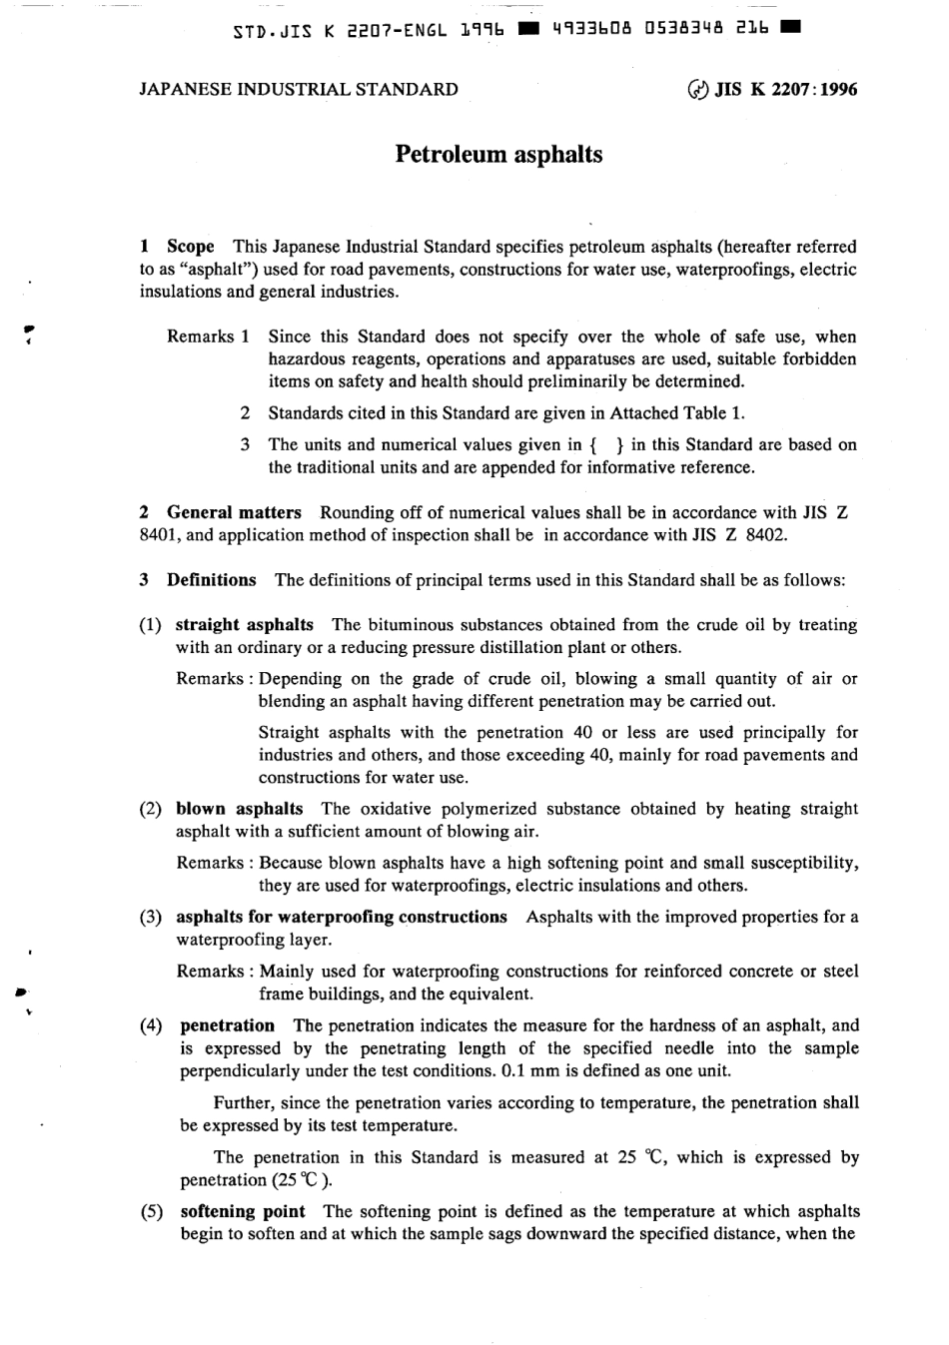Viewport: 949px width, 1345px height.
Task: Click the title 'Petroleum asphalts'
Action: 498,155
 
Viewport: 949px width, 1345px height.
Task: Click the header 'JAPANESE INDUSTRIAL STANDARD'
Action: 299,89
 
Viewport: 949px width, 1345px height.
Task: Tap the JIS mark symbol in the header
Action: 696,90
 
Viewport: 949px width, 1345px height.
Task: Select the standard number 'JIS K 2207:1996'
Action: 786,89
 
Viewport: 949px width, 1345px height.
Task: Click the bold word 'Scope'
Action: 191,247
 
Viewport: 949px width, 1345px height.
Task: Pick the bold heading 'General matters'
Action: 234,513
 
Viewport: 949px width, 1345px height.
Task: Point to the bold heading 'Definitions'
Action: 211,580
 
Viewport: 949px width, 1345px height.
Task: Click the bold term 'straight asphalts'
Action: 244,625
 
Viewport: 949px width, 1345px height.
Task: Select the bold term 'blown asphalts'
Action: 239,809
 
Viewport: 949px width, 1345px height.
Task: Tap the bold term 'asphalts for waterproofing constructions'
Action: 341,917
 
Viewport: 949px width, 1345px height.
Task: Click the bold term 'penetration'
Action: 227,1025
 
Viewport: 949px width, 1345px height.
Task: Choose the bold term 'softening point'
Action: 243,1211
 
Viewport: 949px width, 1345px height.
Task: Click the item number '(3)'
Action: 151,917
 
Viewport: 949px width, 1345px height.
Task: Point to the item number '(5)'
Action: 151,1211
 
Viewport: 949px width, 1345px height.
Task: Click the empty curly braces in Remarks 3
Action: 607,445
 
